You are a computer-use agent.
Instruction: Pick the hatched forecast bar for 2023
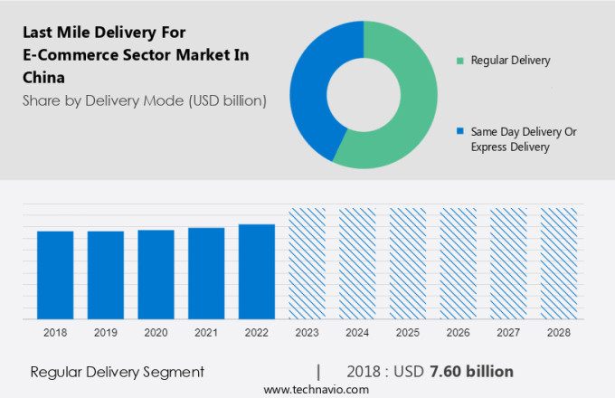pyautogui.click(x=307, y=263)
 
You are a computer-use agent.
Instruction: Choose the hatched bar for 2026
pyautogui.click(x=458, y=263)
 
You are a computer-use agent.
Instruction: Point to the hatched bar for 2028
pyautogui.click(x=558, y=263)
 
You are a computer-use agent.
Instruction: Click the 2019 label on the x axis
pyautogui.click(x=105, y=333)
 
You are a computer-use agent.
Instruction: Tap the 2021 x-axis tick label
pyautogui.click(x=206, y=333)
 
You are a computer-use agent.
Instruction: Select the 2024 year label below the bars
pyautogui.click(x=357, y=333)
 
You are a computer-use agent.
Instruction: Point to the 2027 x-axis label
pyautogui.click(x=508, y=333)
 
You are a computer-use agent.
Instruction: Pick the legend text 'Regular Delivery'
pyautogui.click(x=510, y=61)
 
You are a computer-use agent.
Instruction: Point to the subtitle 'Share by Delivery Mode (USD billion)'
pyautogui.click(x=144, y=100)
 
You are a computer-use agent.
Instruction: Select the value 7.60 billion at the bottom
pyautogui.click(x=471, y=372)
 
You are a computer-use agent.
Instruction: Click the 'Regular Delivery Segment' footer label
pyautogui.click(x=118, y=372)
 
